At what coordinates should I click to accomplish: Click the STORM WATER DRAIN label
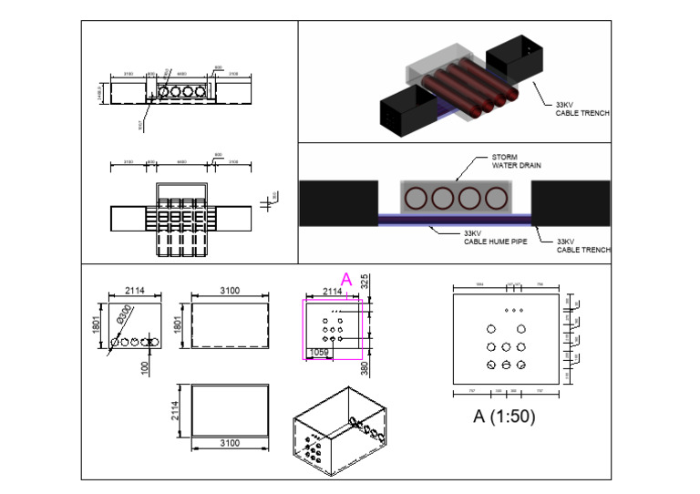[492, 162]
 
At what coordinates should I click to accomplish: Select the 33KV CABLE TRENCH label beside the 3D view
[582, 109]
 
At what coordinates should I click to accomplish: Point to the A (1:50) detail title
[503, 417]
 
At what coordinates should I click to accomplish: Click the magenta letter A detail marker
[345, 279]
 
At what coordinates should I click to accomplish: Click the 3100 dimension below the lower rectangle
[230, 443]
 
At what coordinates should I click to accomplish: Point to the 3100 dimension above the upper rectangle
[230, 290]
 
